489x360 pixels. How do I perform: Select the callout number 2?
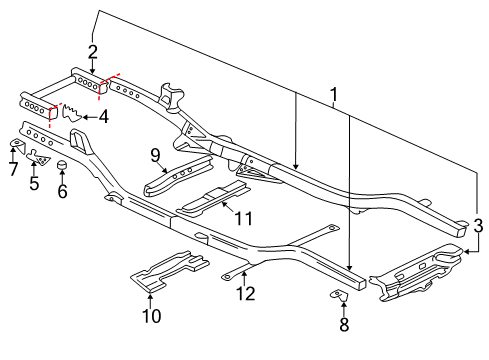click(92, 52)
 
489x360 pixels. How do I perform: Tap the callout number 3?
click(478, 227)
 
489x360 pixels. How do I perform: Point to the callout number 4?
click(103, 117)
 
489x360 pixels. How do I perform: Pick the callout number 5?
click(34, 183)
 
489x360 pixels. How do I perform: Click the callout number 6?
click(62, 191)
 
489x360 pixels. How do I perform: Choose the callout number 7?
click(12, 169)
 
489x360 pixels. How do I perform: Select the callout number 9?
click(155, 153)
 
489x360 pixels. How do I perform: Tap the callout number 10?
click(152, 317)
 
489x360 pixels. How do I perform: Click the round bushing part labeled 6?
click(61, 166)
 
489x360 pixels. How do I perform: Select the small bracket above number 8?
click(340, 295)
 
